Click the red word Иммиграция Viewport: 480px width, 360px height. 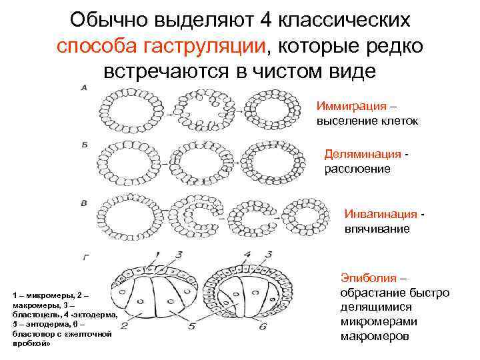coord(351,107)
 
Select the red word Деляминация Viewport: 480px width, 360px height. coord(363,155)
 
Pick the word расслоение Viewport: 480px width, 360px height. coord(357,169)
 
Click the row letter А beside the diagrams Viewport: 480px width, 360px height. coord(84,87)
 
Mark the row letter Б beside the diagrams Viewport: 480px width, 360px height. coord(84,143)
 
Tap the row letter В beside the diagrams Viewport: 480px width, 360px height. coord(84,201)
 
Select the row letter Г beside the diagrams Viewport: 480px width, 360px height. coord(84,255)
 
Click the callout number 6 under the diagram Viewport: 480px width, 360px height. coord(263,327)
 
